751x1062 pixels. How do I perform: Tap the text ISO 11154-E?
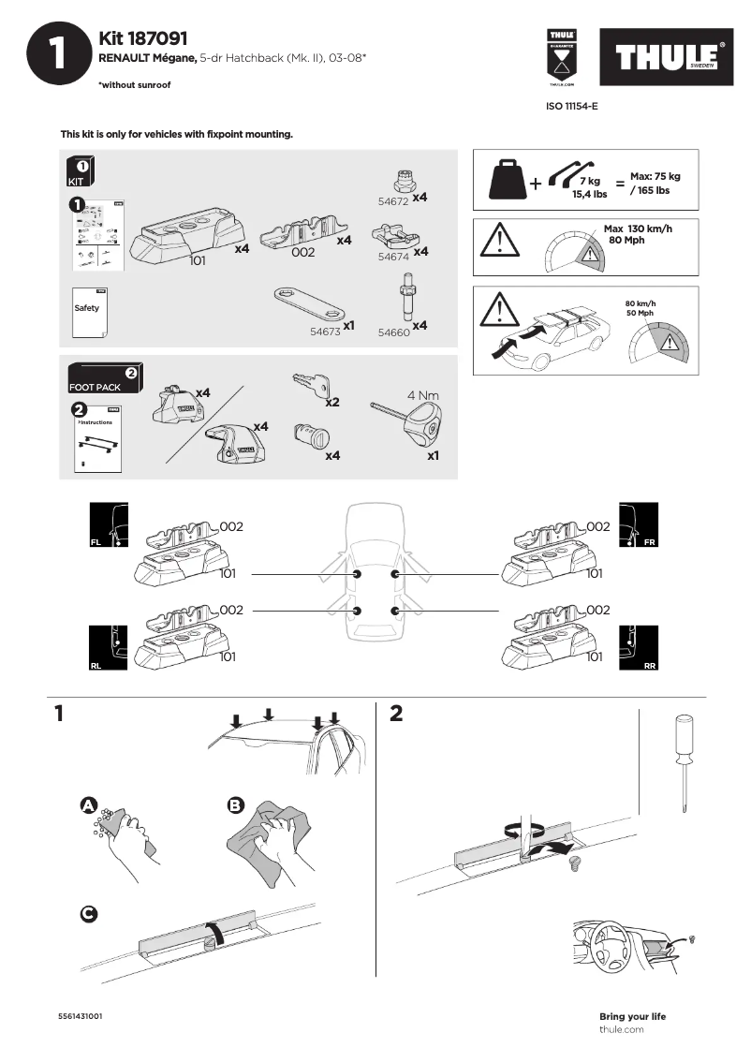(x=571, y=107)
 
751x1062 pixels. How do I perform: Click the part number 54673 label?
(x=325, y=331)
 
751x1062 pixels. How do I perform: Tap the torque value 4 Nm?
(x=418, y=395)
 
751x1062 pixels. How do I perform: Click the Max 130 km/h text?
(x=638, y=229)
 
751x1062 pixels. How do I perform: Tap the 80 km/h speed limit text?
(x=640, y=302)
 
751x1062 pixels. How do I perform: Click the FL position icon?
(x=108, y=525)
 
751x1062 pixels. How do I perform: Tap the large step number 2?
(x=396, y=714)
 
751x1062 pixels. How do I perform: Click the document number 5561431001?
(x=80, y=1016)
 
